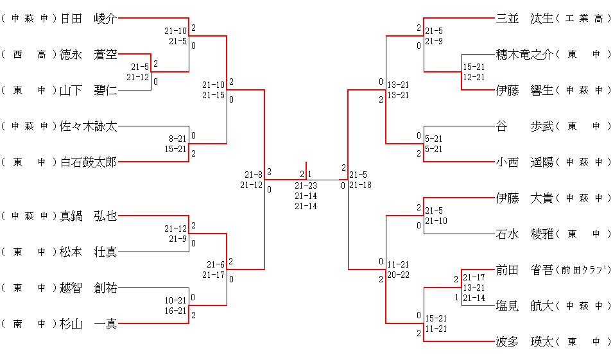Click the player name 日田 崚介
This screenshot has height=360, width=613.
[89, 19]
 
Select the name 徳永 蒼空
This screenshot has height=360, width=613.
[89, 55]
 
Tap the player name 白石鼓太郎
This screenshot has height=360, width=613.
[89, 162]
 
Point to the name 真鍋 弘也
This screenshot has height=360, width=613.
[89, 216]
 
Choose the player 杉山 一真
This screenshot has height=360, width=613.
[89, 324]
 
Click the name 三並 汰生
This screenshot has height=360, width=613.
[524, 19]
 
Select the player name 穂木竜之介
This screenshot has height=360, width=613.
[524, 55]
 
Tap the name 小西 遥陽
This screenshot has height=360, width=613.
[524, 162]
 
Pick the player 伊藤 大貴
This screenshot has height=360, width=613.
[524, 198]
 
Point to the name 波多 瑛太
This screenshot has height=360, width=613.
[524, 342]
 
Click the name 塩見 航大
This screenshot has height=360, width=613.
[524, 306]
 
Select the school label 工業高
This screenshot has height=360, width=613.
[584, 19]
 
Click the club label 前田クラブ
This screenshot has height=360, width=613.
[584, 270]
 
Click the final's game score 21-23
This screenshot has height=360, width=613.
[306, 185]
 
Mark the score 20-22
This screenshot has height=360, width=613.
[398, 275]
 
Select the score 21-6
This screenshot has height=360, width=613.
[215, 264]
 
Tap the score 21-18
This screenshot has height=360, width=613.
[360, 185]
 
